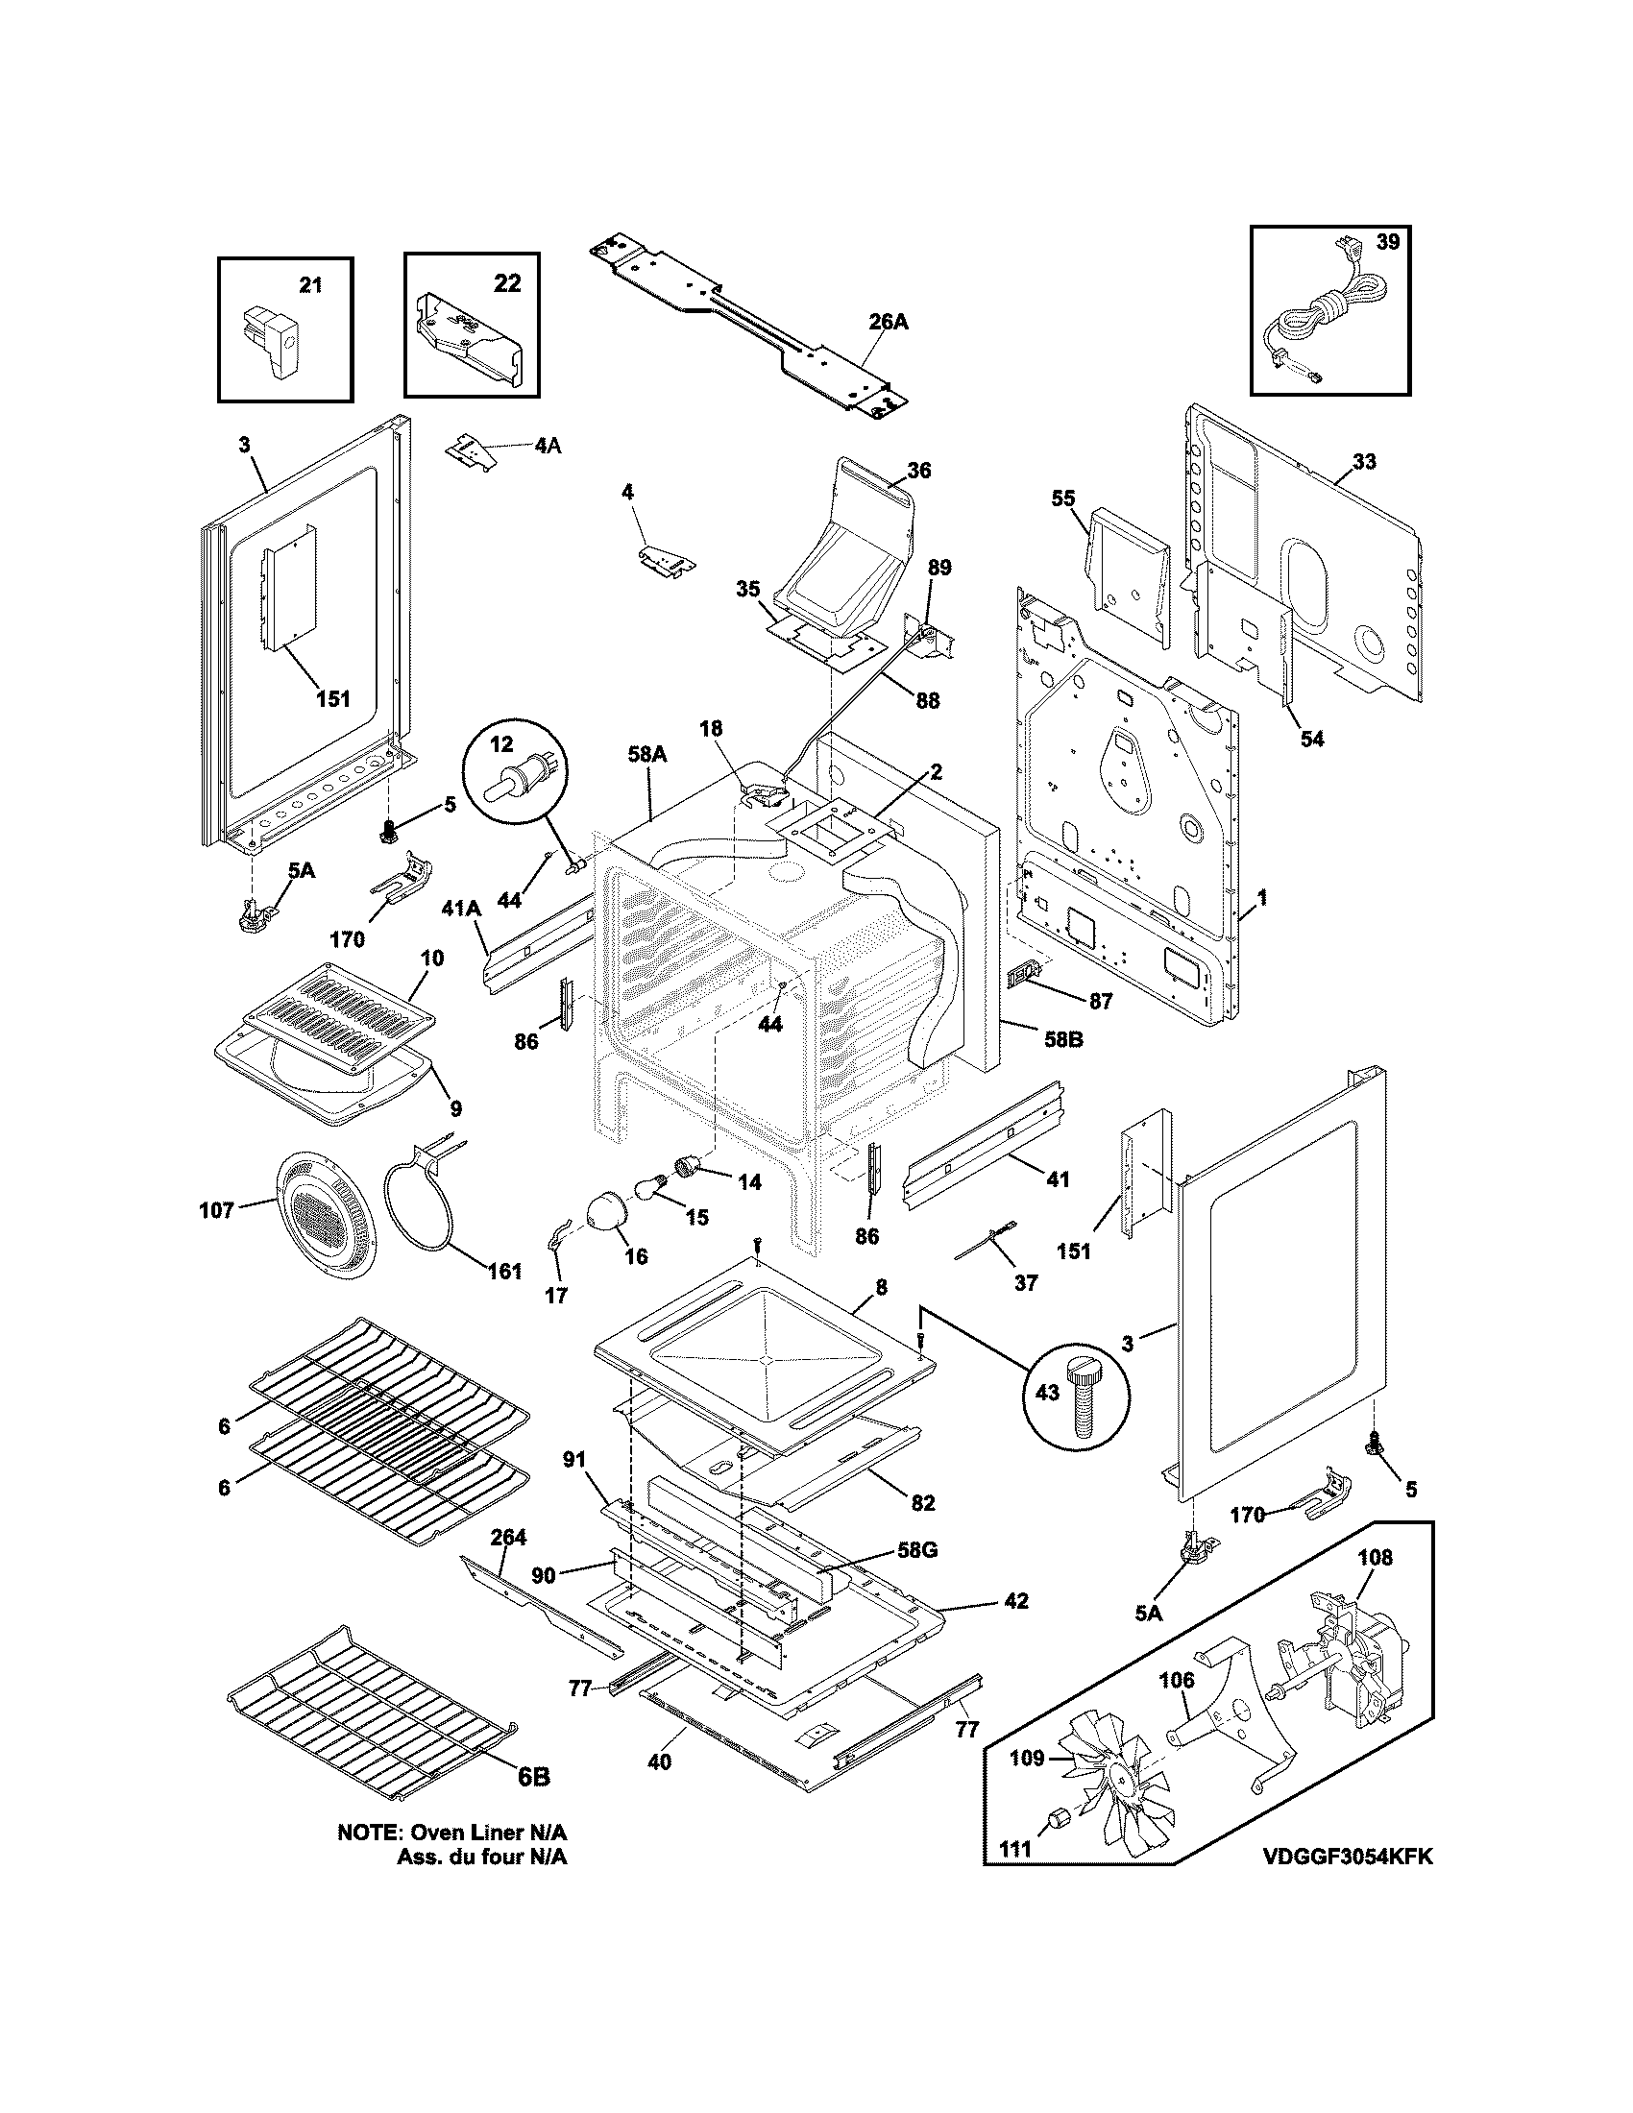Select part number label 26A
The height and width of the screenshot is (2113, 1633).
click(889, 322)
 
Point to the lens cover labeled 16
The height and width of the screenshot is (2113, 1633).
click(608, 1210)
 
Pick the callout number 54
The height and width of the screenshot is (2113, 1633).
click(1311, 740)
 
